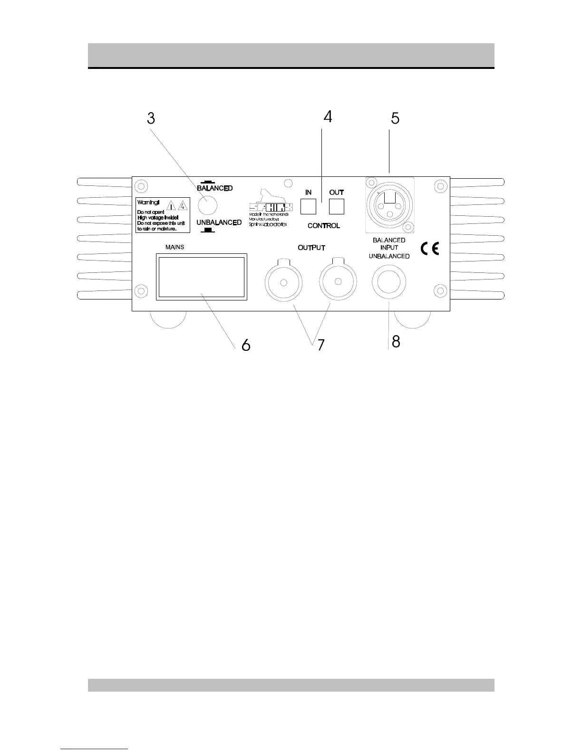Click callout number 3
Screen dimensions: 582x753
tap(151, 118)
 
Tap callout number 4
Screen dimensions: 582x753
tap(328, 117)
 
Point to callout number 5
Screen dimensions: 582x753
tap(395, 118)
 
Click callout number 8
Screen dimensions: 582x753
tap(396, 341)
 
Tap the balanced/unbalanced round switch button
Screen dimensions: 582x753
tap(207, 205)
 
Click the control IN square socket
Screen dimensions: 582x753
tap(308, 206)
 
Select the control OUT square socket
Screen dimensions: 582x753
tap(337, 206)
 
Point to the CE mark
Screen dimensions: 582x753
tap(429, 248)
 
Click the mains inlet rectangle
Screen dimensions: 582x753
tap(202, 277)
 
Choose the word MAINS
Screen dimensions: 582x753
tap(175, 247)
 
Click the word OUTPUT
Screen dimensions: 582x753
tap(311, 248)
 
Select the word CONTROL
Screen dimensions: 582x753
tap(324, 225)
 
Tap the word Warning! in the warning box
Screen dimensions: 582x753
tap(148, 203)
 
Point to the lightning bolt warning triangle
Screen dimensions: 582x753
tap(183, 205)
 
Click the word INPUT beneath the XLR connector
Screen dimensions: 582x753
tap(389, 248)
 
